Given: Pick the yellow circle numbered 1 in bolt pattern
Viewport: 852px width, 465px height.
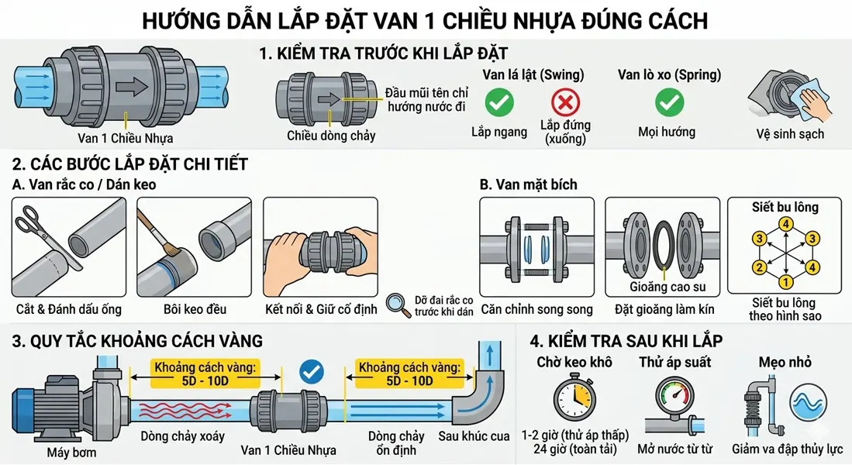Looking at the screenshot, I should click(x=785, y=281).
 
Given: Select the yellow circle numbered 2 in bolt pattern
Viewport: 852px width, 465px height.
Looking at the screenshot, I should click(x=760, y=267).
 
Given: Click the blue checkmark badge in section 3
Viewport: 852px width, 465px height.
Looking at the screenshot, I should click(x=312, y=373).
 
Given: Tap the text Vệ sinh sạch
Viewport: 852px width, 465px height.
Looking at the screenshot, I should click(x=790, y=133).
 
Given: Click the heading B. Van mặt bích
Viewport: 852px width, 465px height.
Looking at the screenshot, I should click(x=528, y=184).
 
